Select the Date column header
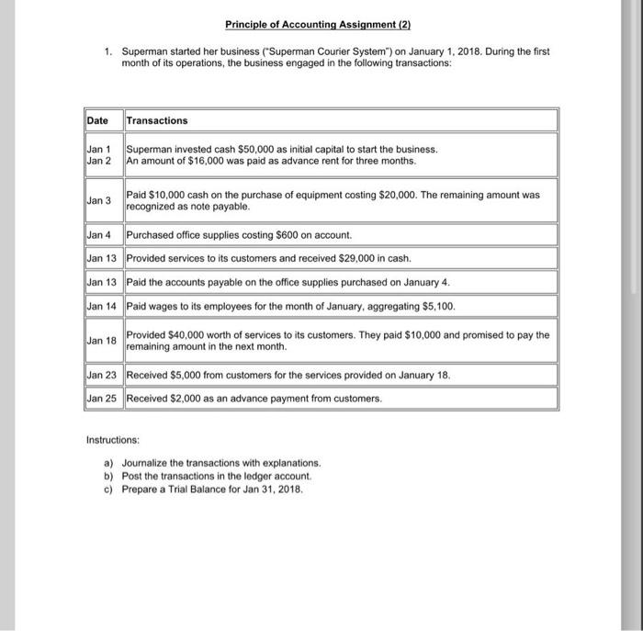(x=96, y=120)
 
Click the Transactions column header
(x=156, y=120)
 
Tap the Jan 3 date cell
(x=97, y=200)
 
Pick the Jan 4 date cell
(x=97, y=235)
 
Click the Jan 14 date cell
(x=99, y=305)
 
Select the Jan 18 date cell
(x=99, y=341)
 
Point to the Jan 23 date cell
(x=99, y=375)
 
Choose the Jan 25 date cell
(x=99, y=398)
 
